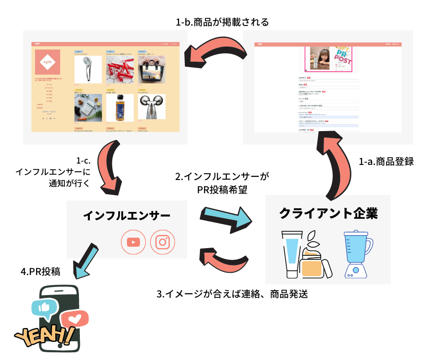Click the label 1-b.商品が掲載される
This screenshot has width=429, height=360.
click(x=222, y=21)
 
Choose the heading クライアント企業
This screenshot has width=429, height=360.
click(x=328, y=213)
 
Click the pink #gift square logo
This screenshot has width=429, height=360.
click(x=47, y=62)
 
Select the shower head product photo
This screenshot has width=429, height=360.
click(x=88, y=69)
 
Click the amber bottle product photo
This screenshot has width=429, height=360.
click(x=120, y=108)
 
